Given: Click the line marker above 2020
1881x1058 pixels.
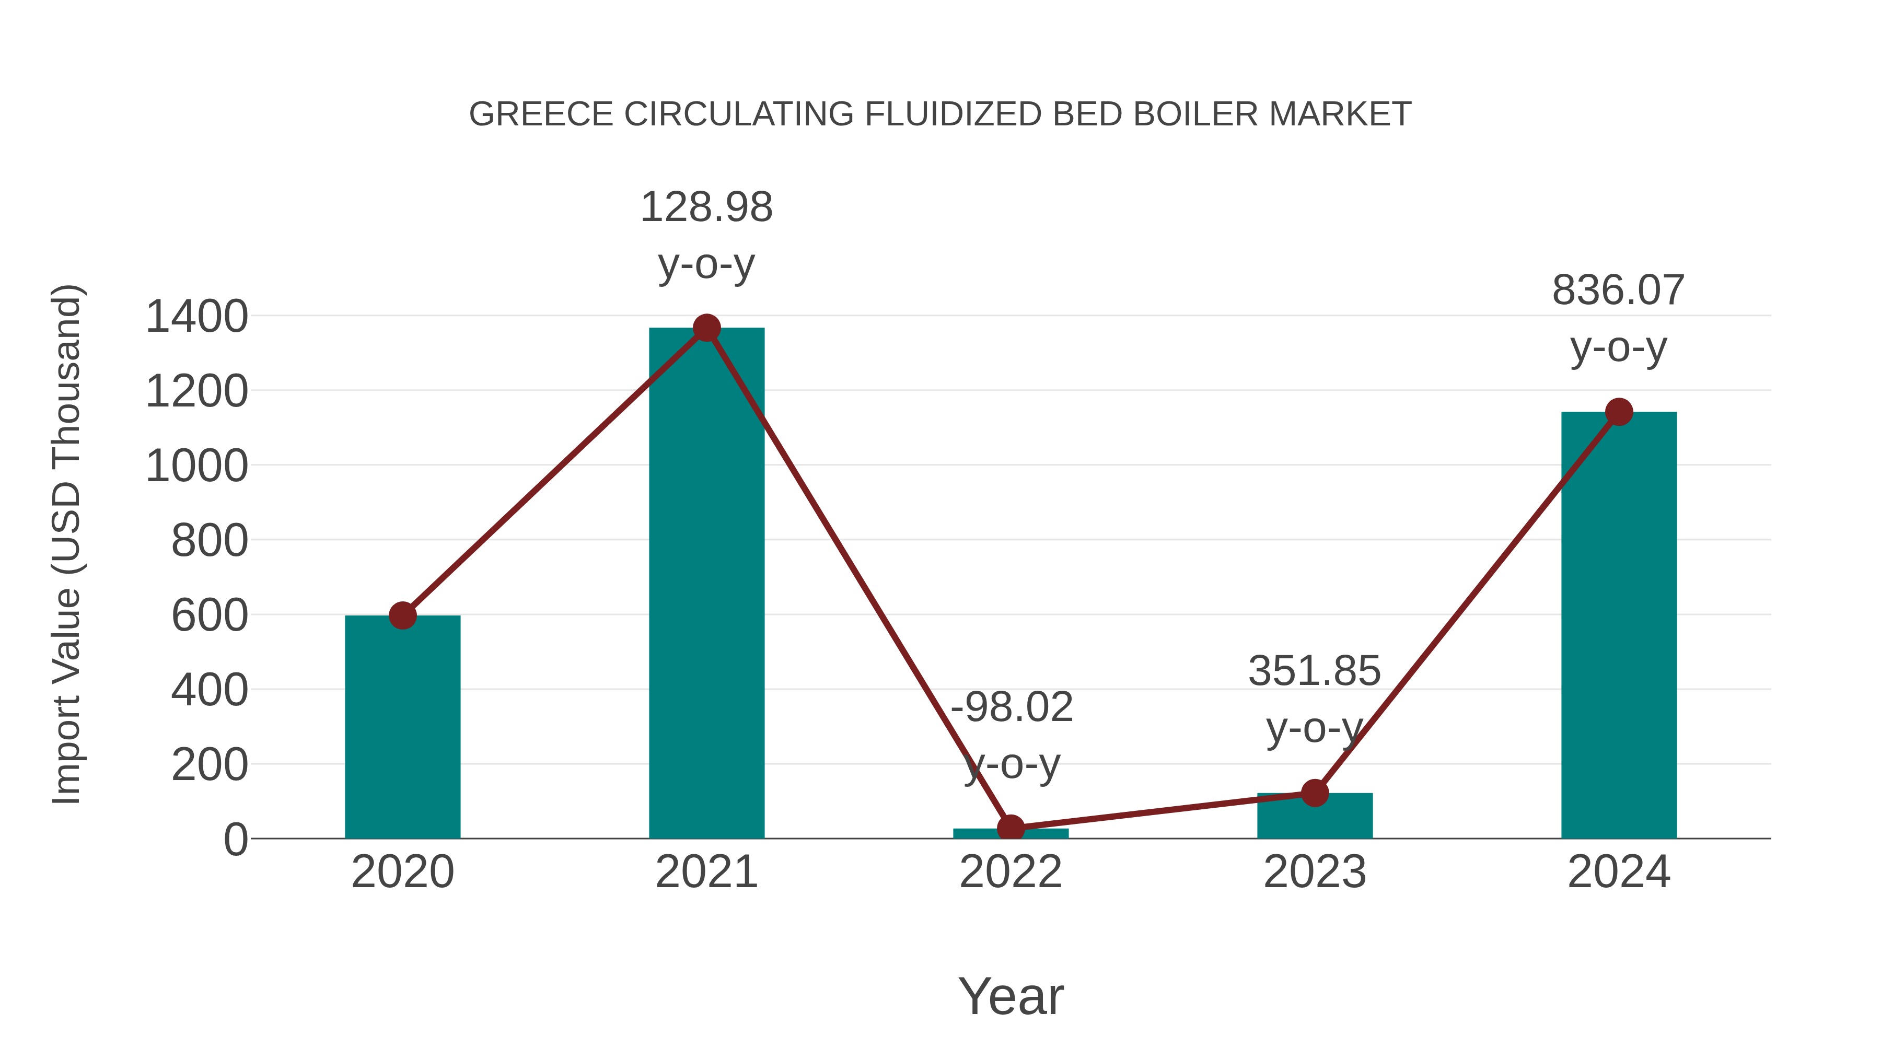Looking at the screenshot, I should tap(402, 615).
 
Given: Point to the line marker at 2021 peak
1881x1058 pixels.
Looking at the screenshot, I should tap(706, 328).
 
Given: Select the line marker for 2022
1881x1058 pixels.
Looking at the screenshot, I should tap(1011, 828).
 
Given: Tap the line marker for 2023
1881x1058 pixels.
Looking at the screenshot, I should tap(1315, 793).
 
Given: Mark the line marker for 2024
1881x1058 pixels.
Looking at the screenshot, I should tap(1618, 412).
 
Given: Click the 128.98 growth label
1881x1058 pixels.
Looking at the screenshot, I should tap(706, 207).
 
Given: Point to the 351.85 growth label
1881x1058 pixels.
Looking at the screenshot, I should tap(1315, 671).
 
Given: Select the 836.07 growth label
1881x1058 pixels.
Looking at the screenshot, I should tap(1618, 290).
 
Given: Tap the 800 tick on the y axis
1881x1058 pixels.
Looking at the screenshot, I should tap(210, 541).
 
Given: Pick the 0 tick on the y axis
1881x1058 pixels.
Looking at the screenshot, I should tap(236, 840).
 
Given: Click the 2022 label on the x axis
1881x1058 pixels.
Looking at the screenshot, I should tap(1011, 872).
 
